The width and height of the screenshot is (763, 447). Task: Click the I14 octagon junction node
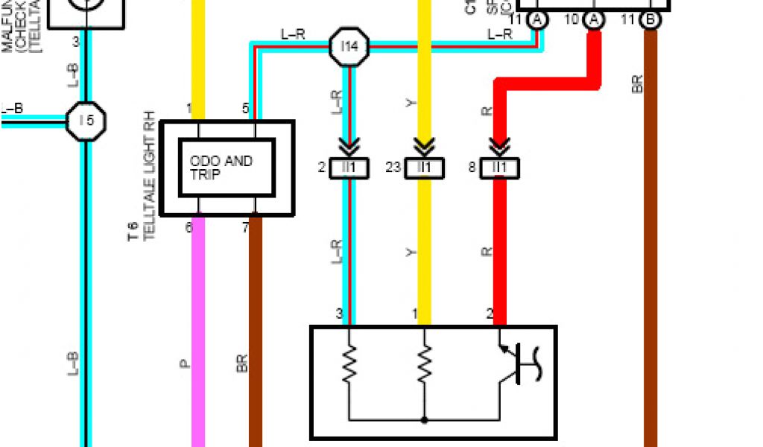[349, 47]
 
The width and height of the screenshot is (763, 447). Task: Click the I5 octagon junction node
[86, 119]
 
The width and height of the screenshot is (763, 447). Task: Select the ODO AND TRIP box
[227, 168]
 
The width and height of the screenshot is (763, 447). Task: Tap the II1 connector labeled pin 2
[349, 168]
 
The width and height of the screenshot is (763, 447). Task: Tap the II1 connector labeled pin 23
[424, 168]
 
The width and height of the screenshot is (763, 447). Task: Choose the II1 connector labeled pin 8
[500, 168]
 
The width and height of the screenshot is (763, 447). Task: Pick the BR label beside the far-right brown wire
[637, 82]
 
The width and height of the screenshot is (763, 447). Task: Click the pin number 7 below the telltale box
[246, 226]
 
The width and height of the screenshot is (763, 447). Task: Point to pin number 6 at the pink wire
[189, 226]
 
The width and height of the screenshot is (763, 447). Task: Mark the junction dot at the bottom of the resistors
[424, 420]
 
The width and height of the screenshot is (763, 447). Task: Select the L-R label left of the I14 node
[292, 34]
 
